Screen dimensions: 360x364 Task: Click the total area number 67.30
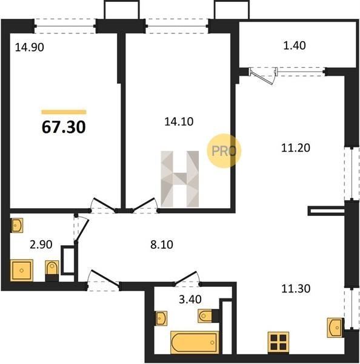pos(64,127)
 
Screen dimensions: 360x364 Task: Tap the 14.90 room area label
pos(30,47)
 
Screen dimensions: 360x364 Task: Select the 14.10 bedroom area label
pos(179,122)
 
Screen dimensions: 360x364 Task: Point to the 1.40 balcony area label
pos(295,45)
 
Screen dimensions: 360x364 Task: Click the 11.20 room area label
pos(296,148)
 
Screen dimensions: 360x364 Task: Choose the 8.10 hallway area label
pos(162,244)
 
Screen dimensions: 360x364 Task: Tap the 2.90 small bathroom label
pos(41,244)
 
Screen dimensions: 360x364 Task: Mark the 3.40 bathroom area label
pos(190,299)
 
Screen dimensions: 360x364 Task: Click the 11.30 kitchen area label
pos(296,289)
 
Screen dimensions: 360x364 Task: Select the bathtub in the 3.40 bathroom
pos(195,342)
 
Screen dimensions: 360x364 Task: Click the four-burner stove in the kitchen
pos(278,342)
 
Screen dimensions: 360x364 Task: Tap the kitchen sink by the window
pos(336,328)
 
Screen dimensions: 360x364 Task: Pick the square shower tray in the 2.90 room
pos(22,270)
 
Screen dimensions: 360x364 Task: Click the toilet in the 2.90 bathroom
pos(52,271)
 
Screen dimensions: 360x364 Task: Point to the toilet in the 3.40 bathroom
pos(208,315)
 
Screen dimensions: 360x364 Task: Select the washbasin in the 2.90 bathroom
pos(17,225)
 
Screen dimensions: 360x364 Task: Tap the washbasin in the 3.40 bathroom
pos(161,318)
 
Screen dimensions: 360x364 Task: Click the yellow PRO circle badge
pos(224,151)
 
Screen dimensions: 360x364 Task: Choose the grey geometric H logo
pos(180,179)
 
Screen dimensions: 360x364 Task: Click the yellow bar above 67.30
pos(64,112)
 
